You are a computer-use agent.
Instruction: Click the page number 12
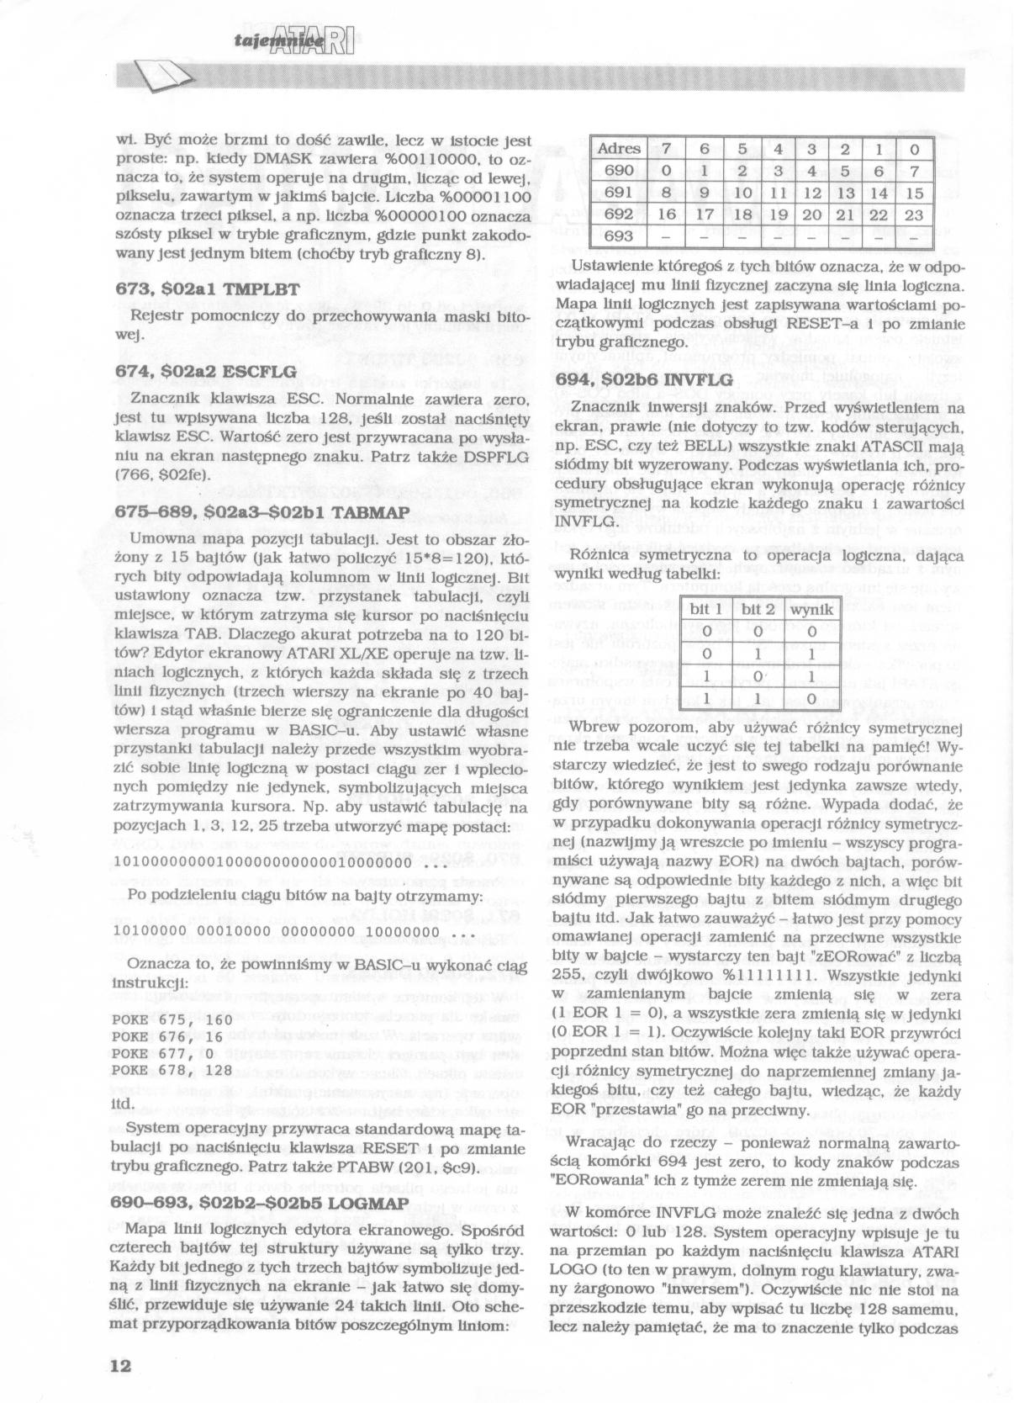point(121,1365)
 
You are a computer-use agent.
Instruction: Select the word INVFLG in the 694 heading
point(699,379)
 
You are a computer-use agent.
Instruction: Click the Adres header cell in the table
point(619,149)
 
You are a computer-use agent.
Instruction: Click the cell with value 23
point(915,214)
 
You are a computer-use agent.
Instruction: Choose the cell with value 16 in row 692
point(667,214)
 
